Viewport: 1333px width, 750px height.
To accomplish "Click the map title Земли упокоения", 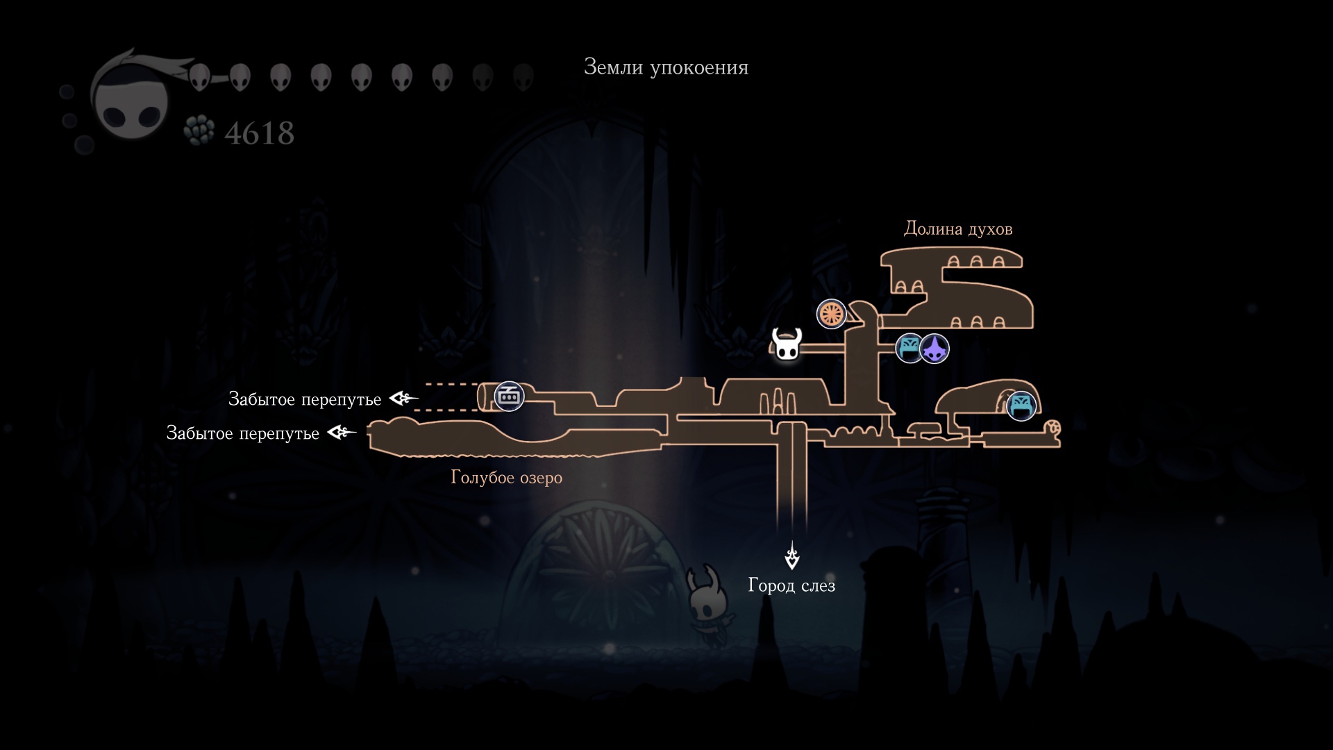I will click(x=666, y=67).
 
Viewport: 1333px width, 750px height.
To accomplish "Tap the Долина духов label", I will click(x=957, y=229).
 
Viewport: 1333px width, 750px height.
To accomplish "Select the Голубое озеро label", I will click(x=506, y=478).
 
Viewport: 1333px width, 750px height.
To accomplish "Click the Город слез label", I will click(x=791, y=585).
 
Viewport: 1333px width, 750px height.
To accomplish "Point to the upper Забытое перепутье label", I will click(x=305, y=399).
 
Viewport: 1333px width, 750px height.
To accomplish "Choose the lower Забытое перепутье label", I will click(x=243, y=433).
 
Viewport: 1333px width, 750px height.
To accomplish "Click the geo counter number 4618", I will click(x=260, y=133).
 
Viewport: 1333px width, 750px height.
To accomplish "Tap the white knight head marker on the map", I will click(x=787, y=344).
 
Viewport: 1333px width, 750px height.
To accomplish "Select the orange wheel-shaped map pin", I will click(x=831, y=314).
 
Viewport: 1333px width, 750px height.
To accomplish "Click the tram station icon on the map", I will click(x=509, y=397).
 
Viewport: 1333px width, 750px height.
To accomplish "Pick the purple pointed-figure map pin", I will click(x=934, y=349).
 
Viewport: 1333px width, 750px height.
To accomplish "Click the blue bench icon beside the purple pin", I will click(x=909, y=348).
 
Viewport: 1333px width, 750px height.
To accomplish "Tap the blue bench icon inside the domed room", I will click(x=1021, y=406).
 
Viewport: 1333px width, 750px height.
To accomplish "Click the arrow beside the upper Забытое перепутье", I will click(x=403, y=399).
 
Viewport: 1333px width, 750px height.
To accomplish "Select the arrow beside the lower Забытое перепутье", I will click(x=342, y=433).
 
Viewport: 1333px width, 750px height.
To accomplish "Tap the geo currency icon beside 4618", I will click(x=199, y=131).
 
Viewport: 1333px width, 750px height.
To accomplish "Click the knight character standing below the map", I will click(x=708, y=604).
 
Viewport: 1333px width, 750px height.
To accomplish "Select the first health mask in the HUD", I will click(x=199, y=77).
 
